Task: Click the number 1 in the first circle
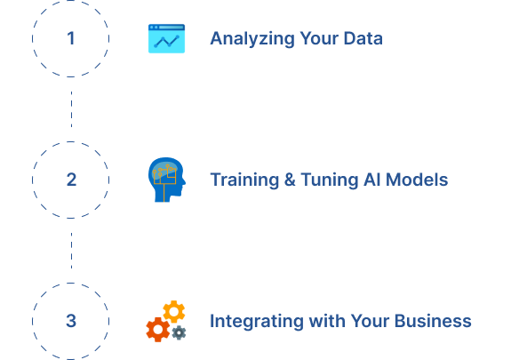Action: tap(71, 38)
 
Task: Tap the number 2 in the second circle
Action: tap(71, 180)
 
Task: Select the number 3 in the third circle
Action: tap(71, 321)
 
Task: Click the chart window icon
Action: tap(166, 38)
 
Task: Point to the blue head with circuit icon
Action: tap(167, 180)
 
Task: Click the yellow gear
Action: tap(174, 311)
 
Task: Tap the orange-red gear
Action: tap(158, 330)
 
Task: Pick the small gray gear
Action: tap(179, 333)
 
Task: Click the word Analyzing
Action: tap(252, 39)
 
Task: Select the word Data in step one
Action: tap(363, 38)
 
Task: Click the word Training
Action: tap(244, 180)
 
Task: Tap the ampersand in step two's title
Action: tap(290, 180)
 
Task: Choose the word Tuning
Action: tap(330, 180)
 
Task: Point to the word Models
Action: tap(417, 180)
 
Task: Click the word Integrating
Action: tap(257, 322)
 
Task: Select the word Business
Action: tap(433, 321)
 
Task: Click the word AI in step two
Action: tap(372, 180)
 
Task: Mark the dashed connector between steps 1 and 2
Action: tap(71, 109)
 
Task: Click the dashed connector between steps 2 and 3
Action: tap(71, 251)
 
